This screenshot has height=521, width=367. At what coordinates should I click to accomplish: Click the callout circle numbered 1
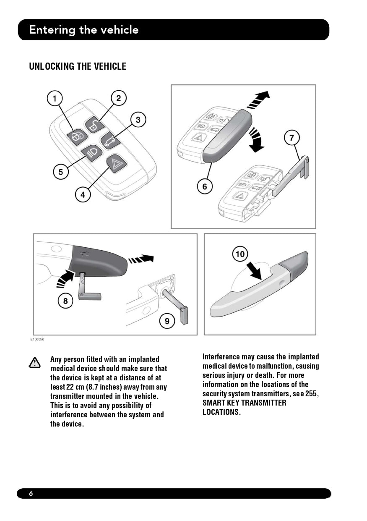[55, 98]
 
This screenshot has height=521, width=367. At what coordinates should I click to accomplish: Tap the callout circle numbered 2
[119, 98]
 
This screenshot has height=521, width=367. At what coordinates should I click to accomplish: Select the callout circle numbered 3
[138, 120]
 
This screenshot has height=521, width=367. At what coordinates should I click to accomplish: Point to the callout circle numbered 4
[83, 194]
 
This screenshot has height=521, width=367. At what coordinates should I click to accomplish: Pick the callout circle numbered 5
[61, 172]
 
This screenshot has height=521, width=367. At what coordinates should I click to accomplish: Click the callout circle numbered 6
[205, 186]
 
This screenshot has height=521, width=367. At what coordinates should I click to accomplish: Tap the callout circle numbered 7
[292, 137]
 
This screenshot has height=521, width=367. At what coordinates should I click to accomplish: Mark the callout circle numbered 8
[65, 301]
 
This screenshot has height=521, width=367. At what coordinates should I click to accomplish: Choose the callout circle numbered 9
[167, 321]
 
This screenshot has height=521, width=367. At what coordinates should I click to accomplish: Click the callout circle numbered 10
[240, 254]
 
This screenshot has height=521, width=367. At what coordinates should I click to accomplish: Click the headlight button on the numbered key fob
[92, 153]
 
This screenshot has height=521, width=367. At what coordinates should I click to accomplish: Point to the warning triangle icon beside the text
[35, 363]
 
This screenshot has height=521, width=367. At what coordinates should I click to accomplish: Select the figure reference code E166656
[37, 339]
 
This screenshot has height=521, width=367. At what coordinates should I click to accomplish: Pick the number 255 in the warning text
[311, 393]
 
